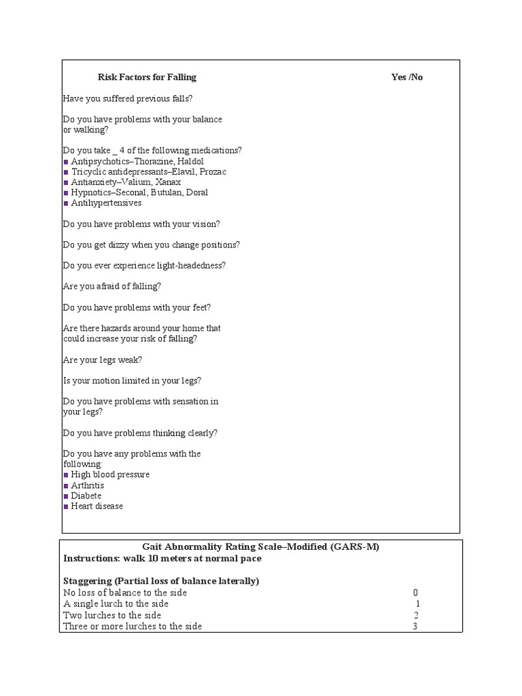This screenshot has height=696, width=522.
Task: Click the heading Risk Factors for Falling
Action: (147, 77)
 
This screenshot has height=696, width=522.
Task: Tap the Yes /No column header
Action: (406, 77)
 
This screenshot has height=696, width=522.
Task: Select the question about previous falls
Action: (128, 99)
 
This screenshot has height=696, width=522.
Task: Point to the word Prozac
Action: (213, 172)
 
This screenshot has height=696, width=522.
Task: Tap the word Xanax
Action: (167, 182)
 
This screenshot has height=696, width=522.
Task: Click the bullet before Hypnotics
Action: (66, 193)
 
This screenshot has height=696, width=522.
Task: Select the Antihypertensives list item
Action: (106, 203)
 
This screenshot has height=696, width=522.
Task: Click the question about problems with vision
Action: (141, 224)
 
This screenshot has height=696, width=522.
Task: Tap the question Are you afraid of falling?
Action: (112, 286)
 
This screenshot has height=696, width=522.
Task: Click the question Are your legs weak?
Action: (103, 360)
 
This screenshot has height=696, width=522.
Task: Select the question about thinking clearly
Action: (140, 433)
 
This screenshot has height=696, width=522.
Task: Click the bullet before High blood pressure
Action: (66, 475)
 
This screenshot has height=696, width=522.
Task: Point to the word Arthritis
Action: (88, 486)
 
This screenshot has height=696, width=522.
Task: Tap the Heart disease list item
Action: (97, 506)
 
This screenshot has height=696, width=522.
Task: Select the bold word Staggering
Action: (88, 581)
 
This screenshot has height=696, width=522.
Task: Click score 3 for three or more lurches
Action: (415, 626)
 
